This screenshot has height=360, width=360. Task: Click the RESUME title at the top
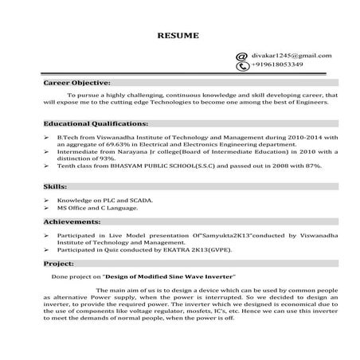[x=173, y=35]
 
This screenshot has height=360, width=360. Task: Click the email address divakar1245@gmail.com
[x=291, y=56]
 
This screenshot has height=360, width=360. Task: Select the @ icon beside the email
[x=242, y=57]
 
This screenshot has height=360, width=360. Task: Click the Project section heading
[x=59, y=262]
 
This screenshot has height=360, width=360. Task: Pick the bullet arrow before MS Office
[x=47, y=207]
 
